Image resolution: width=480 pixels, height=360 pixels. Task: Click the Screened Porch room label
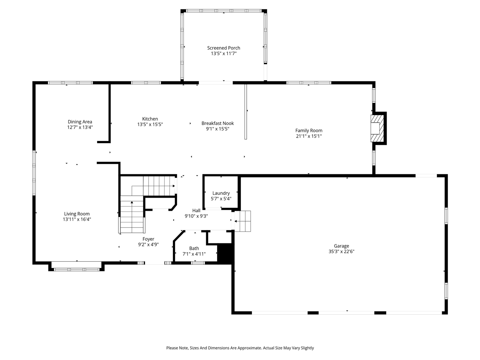click(223, 48)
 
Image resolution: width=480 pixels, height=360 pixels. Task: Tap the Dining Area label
click(79, 121)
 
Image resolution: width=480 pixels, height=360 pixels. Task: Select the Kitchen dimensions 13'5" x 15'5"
click(150, 124)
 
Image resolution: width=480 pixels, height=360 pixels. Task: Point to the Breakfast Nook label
click(217, 123)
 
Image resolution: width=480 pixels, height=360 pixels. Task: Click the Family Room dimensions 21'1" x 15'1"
click(309, 136)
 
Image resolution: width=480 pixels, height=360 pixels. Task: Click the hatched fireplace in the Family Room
click(378, 128)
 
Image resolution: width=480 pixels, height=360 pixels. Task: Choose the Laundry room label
click(221, 193)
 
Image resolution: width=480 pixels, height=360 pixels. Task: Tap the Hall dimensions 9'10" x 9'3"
click(196, 216)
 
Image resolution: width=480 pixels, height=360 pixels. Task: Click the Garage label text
click(341, 246)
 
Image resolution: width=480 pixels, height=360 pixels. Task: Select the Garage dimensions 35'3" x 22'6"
click(341, 252)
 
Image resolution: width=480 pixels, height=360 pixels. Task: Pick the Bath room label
click(194, 248)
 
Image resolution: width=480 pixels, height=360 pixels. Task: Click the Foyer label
click(148, 239)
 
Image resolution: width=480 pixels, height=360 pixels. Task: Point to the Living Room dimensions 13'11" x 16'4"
click(77, 219)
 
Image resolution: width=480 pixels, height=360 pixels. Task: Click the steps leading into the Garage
click(243, 221)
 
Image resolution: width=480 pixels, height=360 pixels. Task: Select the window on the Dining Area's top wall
click(70, 82)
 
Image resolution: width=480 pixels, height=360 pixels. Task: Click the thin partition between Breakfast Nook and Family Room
click(246, 112)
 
